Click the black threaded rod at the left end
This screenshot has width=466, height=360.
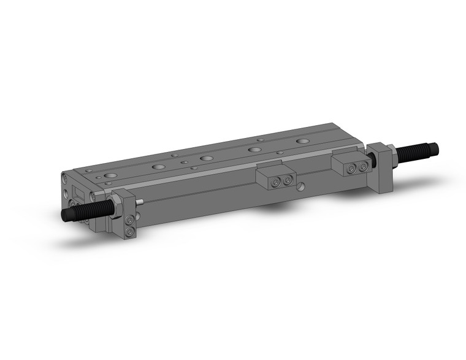(83, 212)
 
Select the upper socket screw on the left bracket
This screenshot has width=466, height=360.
(129, 221)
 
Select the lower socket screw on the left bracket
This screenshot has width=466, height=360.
(129, 232)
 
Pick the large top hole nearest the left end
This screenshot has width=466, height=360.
(110, 175)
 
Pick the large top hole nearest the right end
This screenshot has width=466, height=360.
(302, 141)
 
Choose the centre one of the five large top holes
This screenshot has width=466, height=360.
(207, 158)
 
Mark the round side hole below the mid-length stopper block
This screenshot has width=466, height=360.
(301, 187)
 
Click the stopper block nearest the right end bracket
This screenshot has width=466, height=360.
(349, 162)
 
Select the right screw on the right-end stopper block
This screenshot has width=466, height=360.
(364, 166)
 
